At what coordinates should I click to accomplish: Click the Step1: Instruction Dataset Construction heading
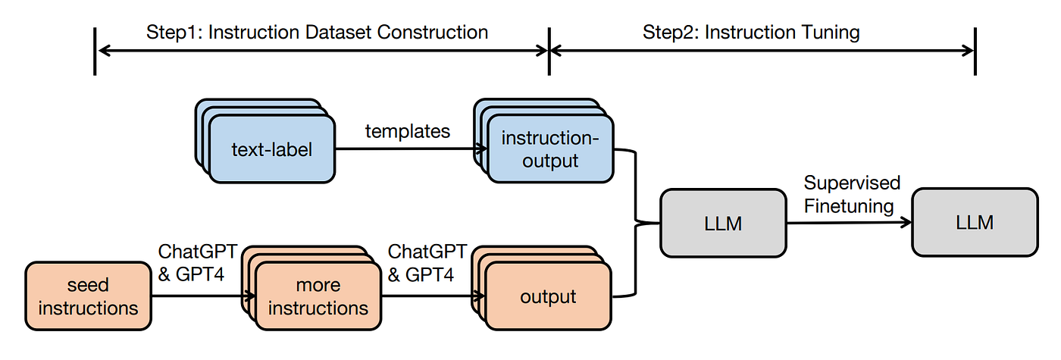[317, 32]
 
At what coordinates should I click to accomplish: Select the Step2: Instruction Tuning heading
[751, 32]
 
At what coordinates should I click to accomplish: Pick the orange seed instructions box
[89, 296]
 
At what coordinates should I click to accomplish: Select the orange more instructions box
[318, 297]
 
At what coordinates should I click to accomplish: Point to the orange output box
[548, 297]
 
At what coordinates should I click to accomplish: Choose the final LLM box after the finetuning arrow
[975, 222]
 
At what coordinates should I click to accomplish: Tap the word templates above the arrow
[407, 130]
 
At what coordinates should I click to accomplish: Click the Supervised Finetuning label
[852, 194]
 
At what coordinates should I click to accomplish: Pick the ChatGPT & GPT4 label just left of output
[427, 263]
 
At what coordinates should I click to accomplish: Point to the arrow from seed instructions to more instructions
[197, 297]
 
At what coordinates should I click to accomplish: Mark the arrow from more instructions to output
[428, 297]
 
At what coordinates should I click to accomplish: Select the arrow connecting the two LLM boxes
[849, 222]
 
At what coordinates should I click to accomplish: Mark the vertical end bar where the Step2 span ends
[975, 52]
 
